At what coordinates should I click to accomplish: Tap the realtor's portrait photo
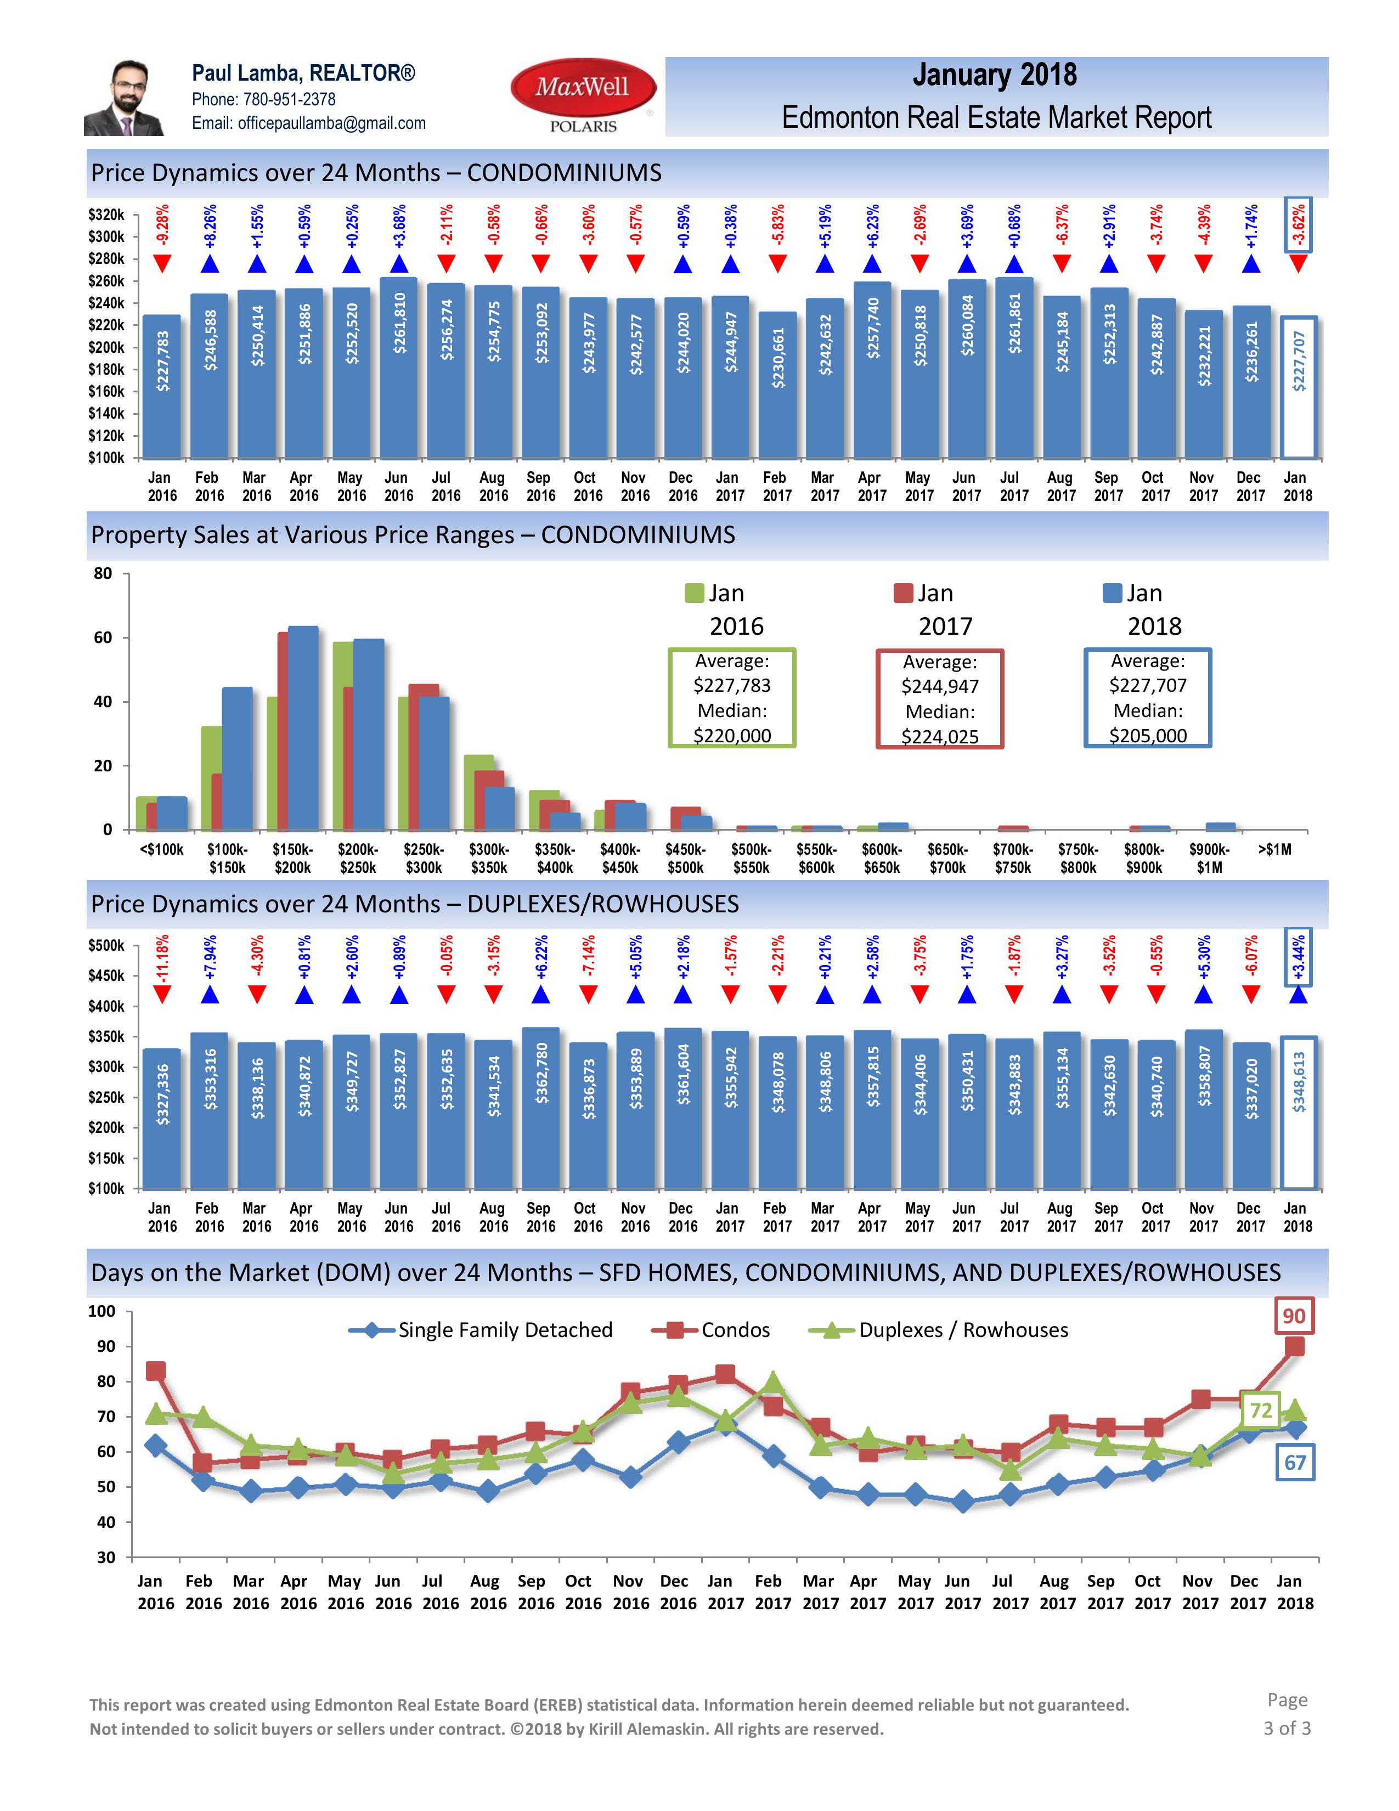click(125, 97)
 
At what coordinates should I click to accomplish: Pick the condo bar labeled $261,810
click(399, 368)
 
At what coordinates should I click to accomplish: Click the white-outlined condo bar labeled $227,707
click(1299, 387)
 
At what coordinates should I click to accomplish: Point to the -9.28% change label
click(162, 227)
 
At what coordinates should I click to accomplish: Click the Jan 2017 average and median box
click(940, 699)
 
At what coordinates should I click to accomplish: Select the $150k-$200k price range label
click(293, 858)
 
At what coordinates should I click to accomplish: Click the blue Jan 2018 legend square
click(1112, 593)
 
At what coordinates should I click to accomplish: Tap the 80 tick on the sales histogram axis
click(103, 573)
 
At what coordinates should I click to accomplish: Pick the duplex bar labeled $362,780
click(541, 1108)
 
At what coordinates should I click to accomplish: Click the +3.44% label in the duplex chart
click(1299, 958)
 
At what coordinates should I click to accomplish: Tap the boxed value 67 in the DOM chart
click(1295, 1463)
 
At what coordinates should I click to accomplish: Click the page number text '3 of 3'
click(1287, 1728)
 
